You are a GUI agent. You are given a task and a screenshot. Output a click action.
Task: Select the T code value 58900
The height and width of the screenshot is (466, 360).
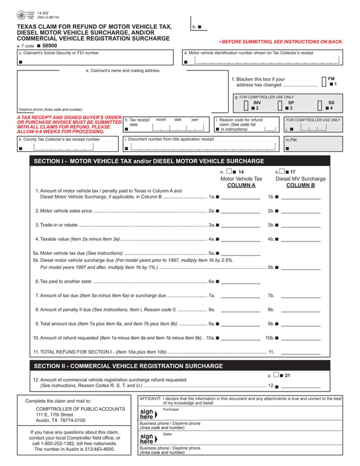[x=50, y=45]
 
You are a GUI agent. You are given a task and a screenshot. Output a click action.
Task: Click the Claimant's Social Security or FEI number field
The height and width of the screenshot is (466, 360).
[x=95, y=61]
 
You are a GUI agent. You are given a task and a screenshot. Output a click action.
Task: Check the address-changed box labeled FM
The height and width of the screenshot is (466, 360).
[x=324, y=82]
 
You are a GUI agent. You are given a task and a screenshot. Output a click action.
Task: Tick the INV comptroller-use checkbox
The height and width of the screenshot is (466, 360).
[x=246, y=105]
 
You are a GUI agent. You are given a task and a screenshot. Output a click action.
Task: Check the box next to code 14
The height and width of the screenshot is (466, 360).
[x=229, y=172]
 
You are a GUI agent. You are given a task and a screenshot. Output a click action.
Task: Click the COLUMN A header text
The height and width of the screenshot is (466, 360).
[x=241, y=186]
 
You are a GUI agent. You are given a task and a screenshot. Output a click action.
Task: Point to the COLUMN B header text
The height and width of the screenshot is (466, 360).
[x=300, y=186]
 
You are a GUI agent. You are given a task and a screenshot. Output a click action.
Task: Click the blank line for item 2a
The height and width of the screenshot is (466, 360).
[x=240, y=212]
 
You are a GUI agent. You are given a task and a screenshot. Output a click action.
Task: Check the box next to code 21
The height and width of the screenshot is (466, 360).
[x=275, y=375]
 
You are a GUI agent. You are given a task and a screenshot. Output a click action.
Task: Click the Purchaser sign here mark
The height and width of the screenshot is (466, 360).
[x=147, y=414]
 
